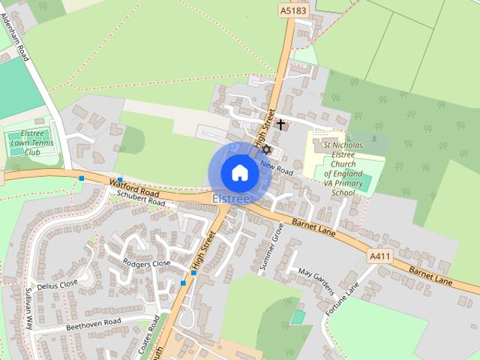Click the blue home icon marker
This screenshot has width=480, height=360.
click(x=239, y=172)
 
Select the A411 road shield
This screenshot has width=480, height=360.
click(x=380, y=256)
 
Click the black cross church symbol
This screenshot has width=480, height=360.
click(x=281, y=124)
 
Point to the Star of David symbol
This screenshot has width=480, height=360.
click(x=265, y=150)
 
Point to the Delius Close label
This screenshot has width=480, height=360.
click(x=58, y=285)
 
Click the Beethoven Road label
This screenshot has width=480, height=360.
click(x=93, y=322)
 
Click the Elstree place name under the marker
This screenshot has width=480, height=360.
click(x=231, y=199)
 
